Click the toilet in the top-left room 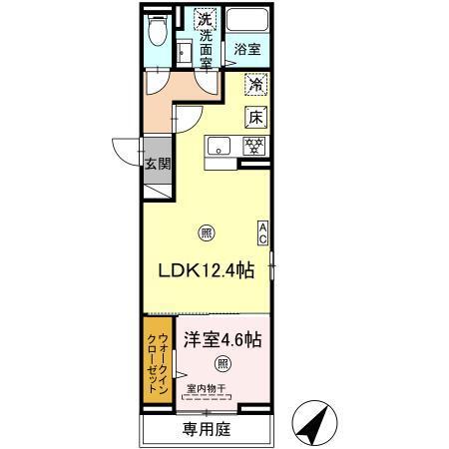coord(158,33)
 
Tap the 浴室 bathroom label coord(245,48)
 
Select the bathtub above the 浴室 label coord(245,21)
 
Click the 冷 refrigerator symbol coord(255,86)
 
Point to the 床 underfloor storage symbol coord(255,116)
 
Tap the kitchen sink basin coord(220,147)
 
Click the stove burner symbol coord(255,146)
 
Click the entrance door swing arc coord(125,150)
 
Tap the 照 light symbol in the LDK coord(207,235)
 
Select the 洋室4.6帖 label coord(222,339)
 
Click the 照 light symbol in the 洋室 coord(224,364)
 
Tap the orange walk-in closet coord(158,363)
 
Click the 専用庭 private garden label coord(207,432)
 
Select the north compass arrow coord(314,424)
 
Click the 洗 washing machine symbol coord(204,19)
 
